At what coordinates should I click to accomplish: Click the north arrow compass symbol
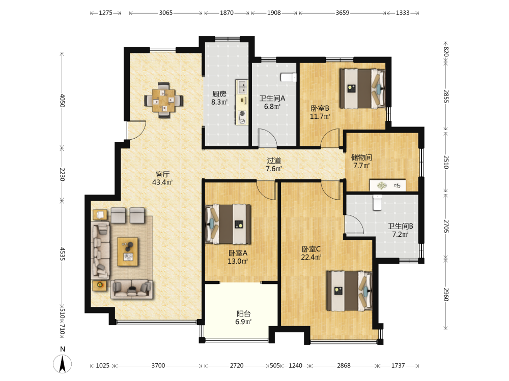(62, 363)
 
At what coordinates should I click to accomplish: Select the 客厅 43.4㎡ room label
(162, 178)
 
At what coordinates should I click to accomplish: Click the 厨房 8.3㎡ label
(219, 98)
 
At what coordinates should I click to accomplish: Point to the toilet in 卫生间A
(289, 77)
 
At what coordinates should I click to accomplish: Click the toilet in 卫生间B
(377, 203)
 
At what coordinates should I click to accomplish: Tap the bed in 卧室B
(362, 88)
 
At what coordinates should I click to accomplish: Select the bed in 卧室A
(228, 224)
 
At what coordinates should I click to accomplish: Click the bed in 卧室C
(349, 291)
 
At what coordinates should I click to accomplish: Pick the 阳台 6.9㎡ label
(243, 317)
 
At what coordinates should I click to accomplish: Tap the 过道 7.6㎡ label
(274, 165)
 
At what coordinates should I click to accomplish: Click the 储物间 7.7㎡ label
(361, 162)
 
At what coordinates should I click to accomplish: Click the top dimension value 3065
(166, 13)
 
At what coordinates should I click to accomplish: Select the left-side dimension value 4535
(62, 254)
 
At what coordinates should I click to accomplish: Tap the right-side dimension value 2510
(446, 162)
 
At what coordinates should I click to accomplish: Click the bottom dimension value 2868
(344, 365)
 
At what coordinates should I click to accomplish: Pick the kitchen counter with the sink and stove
(241, 102)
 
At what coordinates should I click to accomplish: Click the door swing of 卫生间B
(354, 224)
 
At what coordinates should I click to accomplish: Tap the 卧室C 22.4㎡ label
(311, 253)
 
